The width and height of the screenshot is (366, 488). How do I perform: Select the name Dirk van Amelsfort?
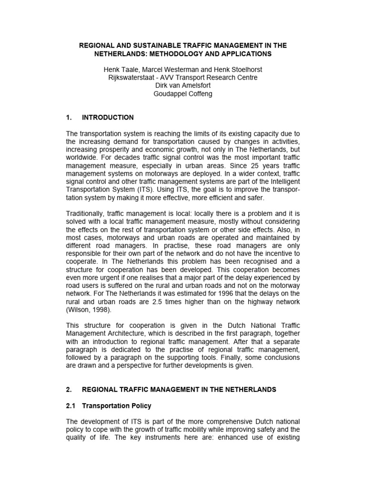coord(183,86)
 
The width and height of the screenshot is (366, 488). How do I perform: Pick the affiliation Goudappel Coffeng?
coord(183,94)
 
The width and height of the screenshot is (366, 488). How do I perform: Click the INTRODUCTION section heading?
coord(108,117)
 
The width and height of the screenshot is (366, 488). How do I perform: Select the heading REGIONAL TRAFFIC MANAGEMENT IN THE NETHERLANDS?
coord(179,389)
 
